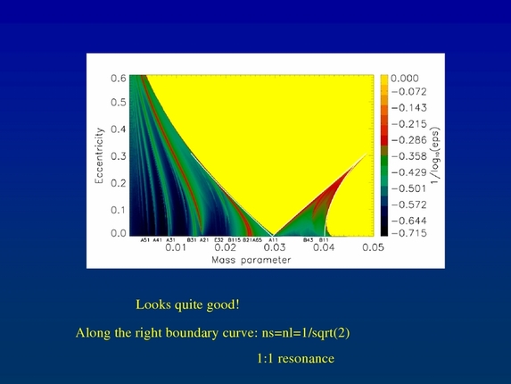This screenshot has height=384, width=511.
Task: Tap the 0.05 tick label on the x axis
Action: coord(372,247)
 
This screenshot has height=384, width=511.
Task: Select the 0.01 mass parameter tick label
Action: coord(176,247)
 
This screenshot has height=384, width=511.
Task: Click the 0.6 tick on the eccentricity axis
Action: coord(119,78)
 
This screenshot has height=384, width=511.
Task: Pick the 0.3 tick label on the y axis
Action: coord(119,156)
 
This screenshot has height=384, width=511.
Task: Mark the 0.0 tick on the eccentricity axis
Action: coord(119,234)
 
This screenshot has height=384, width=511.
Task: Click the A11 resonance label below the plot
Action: coord(274,239)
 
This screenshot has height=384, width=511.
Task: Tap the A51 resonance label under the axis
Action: coord(145,239)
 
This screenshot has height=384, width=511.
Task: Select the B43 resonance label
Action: coord(308,239)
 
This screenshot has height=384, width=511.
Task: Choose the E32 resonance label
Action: coord(218,239)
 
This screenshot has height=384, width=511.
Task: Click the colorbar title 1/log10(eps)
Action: coord(436,156)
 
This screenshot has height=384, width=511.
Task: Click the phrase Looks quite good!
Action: coord(187,305)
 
